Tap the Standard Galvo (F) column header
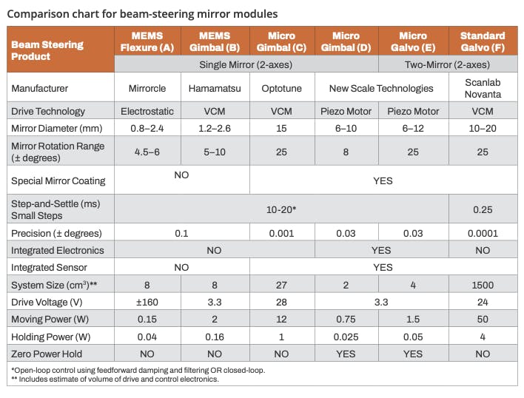coord(483,42)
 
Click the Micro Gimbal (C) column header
coord(282,42)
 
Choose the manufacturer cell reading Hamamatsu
coord(214,88)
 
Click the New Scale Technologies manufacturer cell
coord(381,88)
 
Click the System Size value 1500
coord(483,285)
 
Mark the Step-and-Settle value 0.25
coord(483,210)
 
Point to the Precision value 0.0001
coord(483,234)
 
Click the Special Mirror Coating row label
coord(58,181)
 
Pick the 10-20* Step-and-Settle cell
coord(282,210)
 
